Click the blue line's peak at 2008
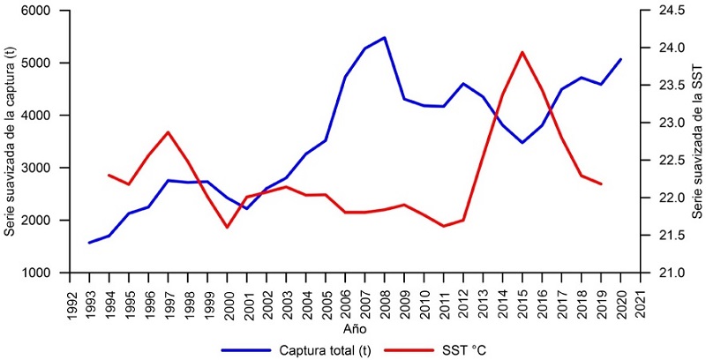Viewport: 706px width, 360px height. (x=385, y=38)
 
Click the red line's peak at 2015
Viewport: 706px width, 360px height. (x=522, y=52)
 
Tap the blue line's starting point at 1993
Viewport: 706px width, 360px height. (x=89, y=243)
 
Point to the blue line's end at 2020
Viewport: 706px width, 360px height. (x=621, y=59)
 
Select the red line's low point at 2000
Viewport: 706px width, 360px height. (x=227, y=228)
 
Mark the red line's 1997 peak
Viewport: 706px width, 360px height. (x=168, y=131)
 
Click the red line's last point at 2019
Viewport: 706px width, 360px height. (x=601, y=184)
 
